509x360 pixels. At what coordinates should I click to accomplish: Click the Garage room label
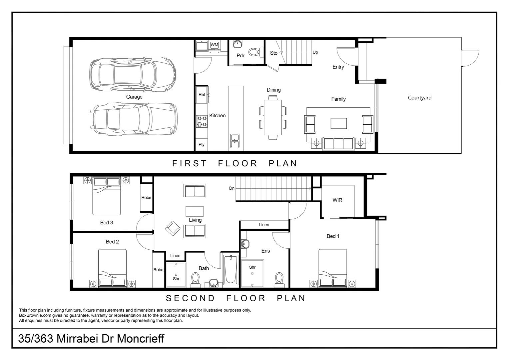pyautogui.click(x=134, y=97)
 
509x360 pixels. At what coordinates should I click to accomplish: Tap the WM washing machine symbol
pyautogui.click(x=214, y=45)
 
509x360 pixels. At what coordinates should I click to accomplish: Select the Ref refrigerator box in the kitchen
pyautogui.click(x=202, y=95)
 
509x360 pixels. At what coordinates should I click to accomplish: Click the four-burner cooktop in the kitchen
pyautogui.click(x=202, y=121)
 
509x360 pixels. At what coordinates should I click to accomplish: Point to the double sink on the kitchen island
pyautogui.click(x=235, y=141)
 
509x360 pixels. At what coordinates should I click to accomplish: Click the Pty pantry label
pyautogui.click(x=202, y=145)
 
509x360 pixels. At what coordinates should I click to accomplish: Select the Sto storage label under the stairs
pyautogui.click(x=273, y=53)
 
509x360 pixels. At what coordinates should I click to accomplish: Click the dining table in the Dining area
pyautogui.click(x=273, y=117)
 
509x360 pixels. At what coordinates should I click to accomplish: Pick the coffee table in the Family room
pyautogui.click(x=338, y=123)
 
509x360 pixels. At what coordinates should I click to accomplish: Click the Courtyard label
pyautogui.click(x=419, y=98)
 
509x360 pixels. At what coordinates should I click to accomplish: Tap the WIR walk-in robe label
pyautogui.click(x=337, y=200)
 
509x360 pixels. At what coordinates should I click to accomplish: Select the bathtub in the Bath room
pyautogui.click(x=231, y=270)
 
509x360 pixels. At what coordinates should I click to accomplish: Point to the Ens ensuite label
pyautogui.click(x=265, y=251)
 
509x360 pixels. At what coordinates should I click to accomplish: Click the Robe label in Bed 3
pyautogui.click(x=146, y=198)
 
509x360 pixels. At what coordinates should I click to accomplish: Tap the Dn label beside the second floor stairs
pyautogui.click(x=232, y=188)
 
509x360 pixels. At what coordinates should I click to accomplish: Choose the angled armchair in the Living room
pyautogui.click(x=173, y=229)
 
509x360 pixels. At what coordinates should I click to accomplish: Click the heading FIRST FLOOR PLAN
pyautogui.click(x=235, y=163)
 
